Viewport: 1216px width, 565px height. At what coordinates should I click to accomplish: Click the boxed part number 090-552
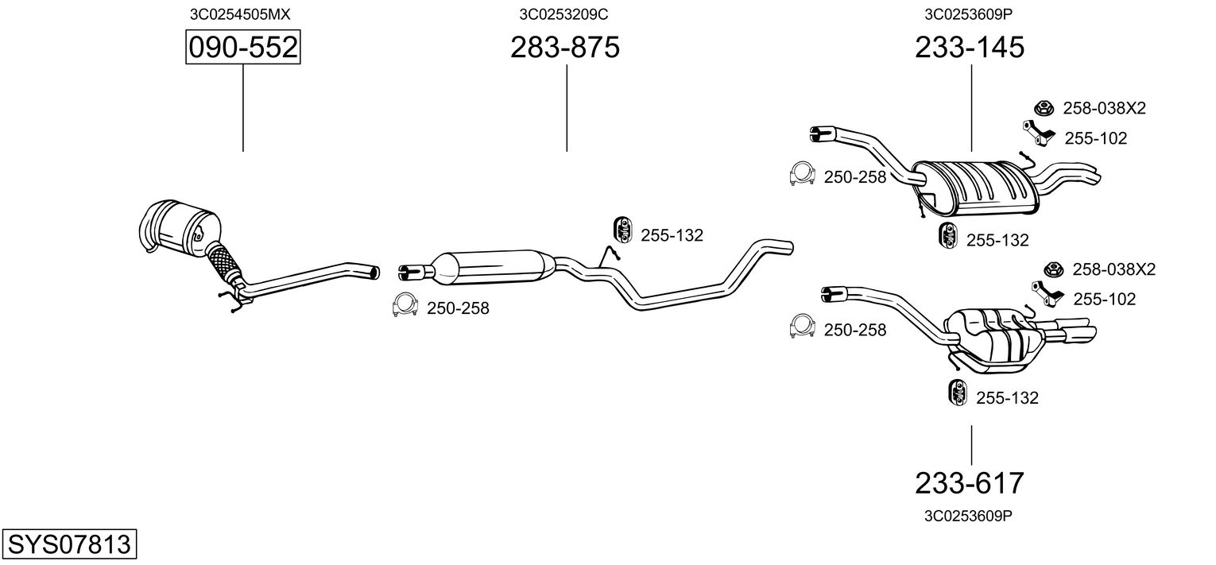coord(242,48)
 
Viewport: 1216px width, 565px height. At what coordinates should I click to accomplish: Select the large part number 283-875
coord(564,48)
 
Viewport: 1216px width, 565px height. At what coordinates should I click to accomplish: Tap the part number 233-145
coord(970,48)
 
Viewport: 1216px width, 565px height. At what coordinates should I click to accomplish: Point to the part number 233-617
coord(970,482)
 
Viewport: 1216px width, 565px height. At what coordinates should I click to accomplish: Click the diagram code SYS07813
coord(68,544)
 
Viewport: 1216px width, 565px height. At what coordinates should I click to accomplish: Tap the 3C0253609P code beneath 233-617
coord(968,516)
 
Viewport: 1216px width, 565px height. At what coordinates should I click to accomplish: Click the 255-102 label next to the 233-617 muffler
coord(1104,299)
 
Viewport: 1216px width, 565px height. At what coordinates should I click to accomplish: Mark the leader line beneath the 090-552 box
coord(242,107)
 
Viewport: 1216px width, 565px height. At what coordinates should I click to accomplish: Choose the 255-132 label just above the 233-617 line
coord(1006,398)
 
